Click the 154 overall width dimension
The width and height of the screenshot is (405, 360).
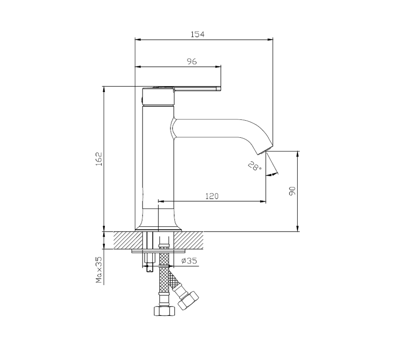tap(197, 34)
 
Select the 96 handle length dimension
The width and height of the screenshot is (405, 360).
tap(192, 62)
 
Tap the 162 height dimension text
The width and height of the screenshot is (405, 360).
tap(99, 159)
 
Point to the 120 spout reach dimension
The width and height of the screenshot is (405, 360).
tap(212, 196)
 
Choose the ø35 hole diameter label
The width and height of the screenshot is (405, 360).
tap(189, 261)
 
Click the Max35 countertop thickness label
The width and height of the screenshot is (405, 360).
tap(99, 270)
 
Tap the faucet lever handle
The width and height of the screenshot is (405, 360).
tap(196, 89)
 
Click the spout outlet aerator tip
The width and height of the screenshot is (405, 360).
tap(265, 151)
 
